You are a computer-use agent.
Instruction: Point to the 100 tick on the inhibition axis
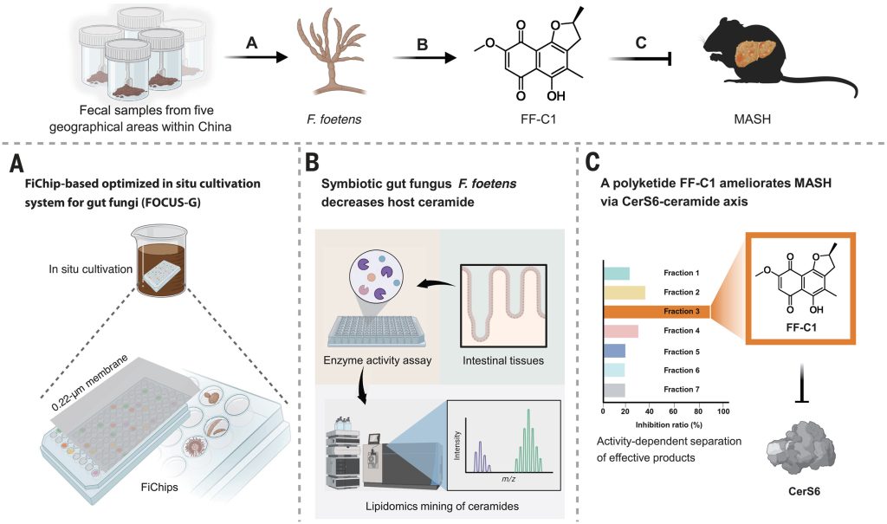[723, 411]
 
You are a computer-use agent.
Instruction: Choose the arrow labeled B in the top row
[424, 57]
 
